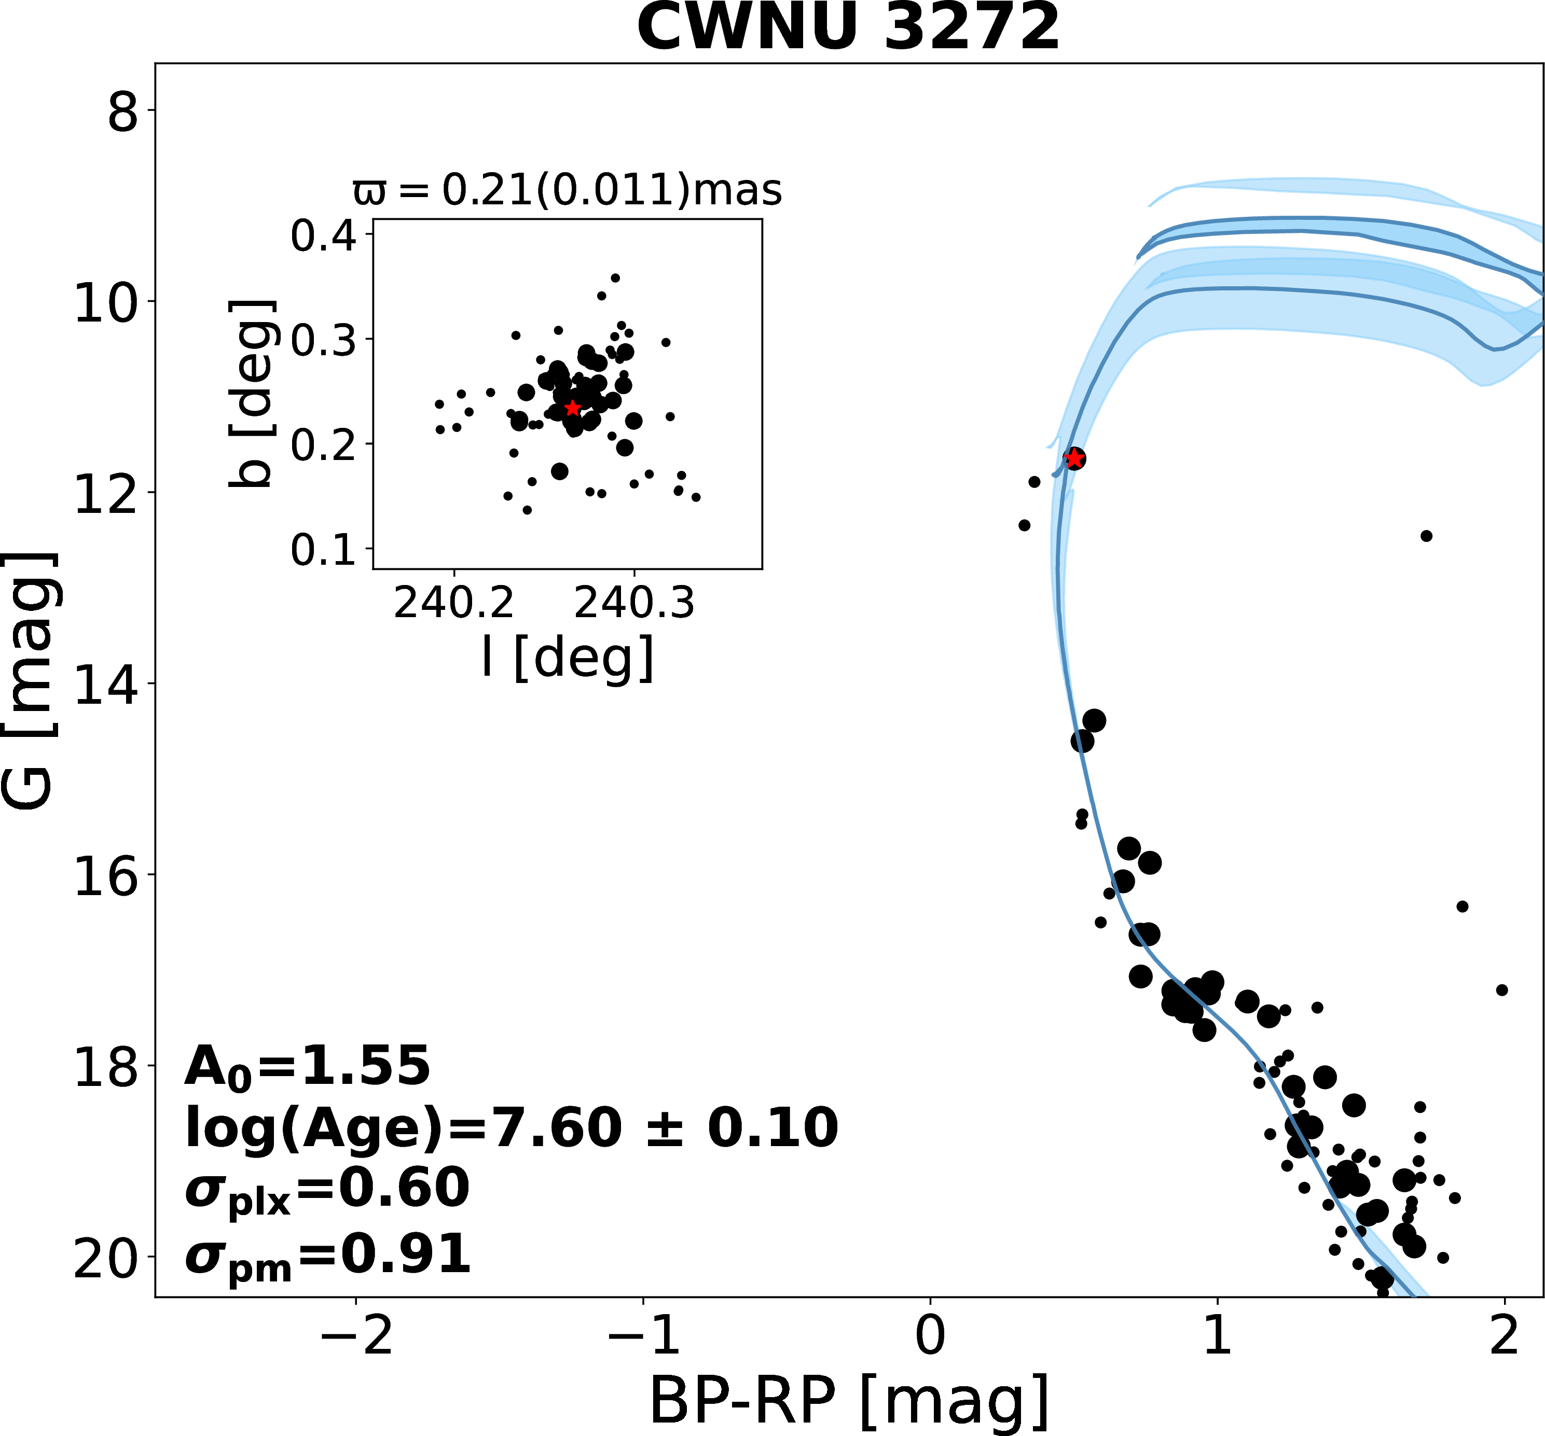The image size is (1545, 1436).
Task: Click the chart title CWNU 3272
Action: tap(848, 28)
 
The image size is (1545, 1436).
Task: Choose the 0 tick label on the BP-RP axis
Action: tap(930, 1339)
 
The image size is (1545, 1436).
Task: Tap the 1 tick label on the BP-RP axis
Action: tap(1217, 1339)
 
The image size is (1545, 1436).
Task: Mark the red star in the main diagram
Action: tap(1074, 458)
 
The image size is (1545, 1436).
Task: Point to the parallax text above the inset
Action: tap(568, 190)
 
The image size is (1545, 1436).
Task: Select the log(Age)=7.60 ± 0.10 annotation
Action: tap(512, 1128)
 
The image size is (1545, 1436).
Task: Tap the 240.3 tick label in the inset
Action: tap(633, 603)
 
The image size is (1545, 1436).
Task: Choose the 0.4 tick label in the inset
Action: tap(323, 236)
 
